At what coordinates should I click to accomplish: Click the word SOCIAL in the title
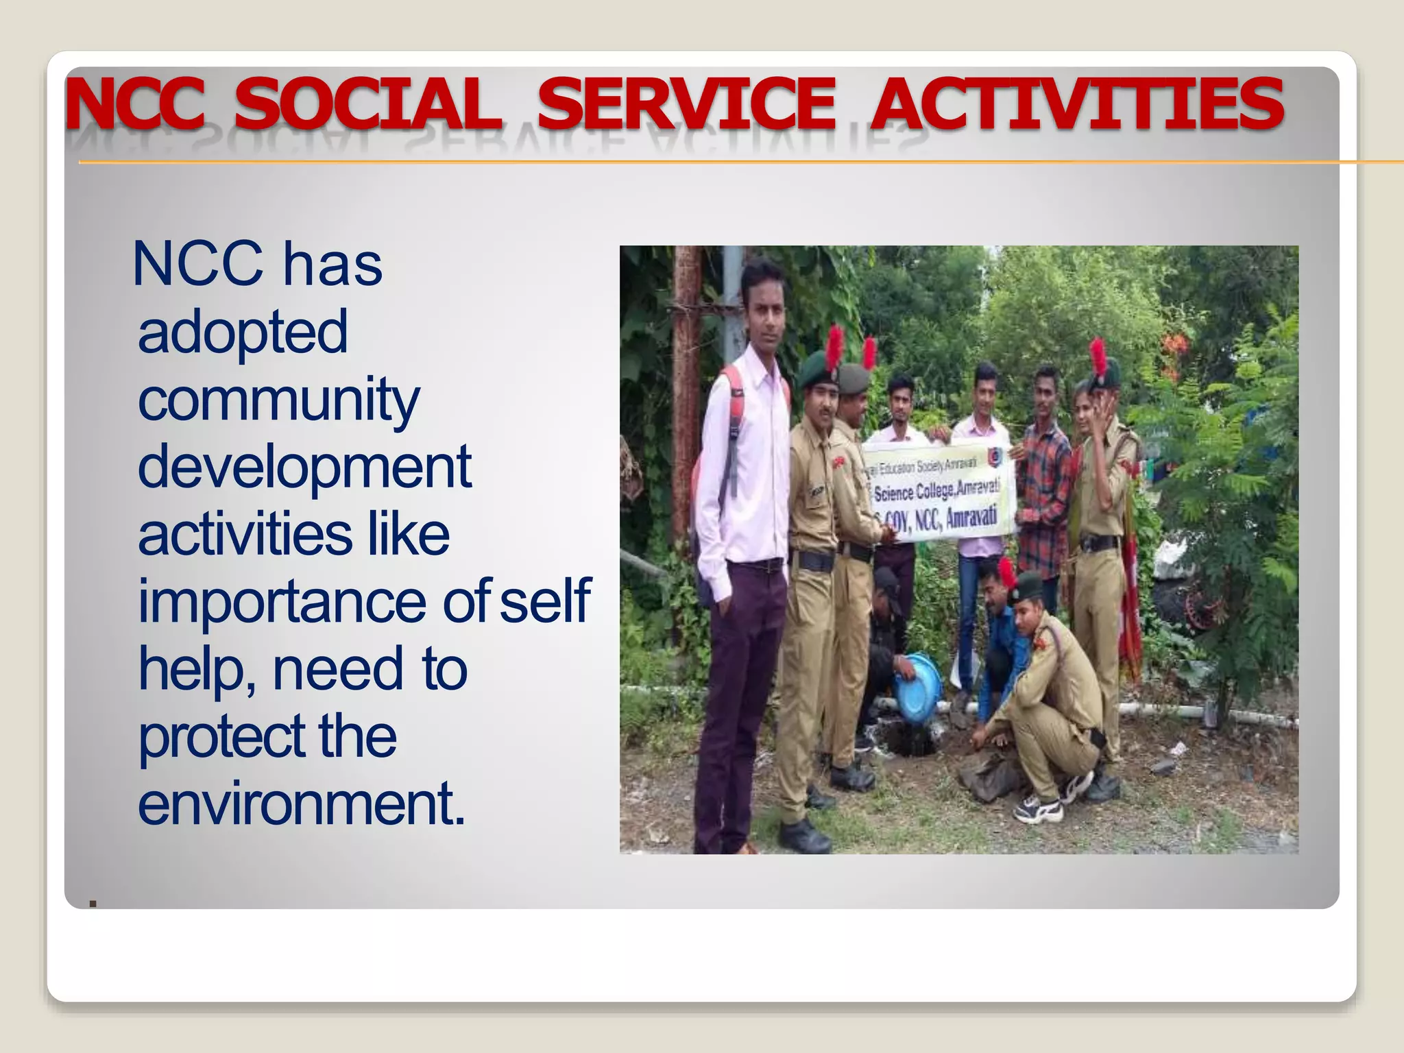tap(367, 104)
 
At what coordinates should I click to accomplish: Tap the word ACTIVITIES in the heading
tap(1076, 104)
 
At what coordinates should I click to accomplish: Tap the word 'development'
tap(304, 468)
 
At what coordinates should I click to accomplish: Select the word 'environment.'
tap(302, 803)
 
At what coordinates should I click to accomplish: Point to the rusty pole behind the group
tap(684, 384)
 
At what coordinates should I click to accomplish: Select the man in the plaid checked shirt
tap(1043, 480)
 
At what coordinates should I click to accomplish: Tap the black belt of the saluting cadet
tap(1099, 544)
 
